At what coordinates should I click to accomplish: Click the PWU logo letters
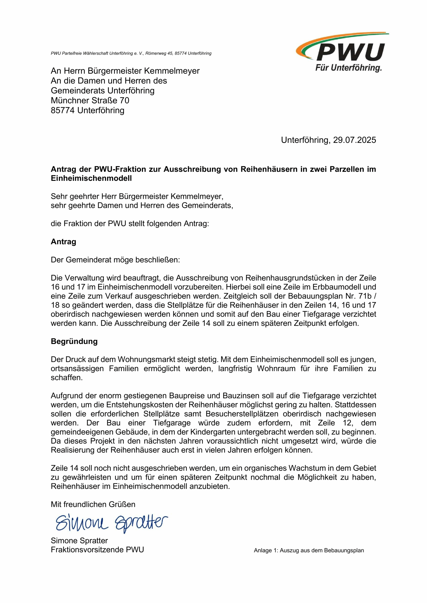(350, 53)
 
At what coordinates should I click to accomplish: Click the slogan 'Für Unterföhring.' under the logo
(348, 68)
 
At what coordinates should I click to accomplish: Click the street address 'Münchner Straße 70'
(90, 100)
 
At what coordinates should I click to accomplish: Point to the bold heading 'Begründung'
(74, 341)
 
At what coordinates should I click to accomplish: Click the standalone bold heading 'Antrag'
(63, 242)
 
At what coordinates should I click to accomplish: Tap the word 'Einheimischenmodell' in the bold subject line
(91, 178)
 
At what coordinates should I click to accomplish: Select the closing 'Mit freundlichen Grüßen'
(93, 504)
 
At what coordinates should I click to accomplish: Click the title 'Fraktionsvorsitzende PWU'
(97, 550)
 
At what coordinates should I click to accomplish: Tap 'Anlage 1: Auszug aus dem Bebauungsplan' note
(309, 550)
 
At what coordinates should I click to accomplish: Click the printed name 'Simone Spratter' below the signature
(79, 541)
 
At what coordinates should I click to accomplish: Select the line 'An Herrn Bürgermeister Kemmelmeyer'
(125, 71)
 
